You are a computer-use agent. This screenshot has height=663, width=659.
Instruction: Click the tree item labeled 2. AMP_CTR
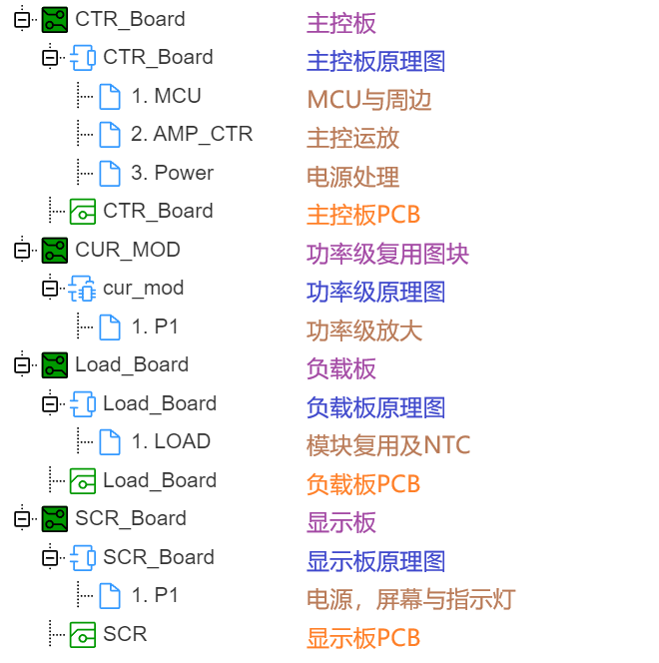(192, 134)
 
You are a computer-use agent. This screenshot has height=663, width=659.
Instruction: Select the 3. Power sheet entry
(172, 173)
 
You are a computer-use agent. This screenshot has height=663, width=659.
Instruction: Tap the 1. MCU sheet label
(166, 96)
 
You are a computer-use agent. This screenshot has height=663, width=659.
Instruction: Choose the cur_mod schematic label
(144, 288)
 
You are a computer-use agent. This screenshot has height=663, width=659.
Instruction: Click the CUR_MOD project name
(128, 250)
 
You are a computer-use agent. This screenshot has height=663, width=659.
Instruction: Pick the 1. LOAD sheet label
(171, 441)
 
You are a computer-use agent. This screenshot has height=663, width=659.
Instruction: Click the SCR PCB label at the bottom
(125, 634)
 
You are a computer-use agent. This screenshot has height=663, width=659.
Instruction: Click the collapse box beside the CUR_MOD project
(22, 251)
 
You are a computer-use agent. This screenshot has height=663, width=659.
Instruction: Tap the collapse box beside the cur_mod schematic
(50, 289)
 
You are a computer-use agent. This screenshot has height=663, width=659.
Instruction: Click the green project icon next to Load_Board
(55, 364)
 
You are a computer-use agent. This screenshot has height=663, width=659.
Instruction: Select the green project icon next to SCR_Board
(55, 519)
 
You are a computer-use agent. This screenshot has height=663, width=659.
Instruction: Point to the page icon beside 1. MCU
(110, 97)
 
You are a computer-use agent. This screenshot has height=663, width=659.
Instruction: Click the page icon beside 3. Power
(110, 174)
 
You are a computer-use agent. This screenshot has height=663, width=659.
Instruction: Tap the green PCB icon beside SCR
(83, 635)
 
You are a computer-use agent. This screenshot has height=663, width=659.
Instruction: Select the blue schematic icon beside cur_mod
(83, 289)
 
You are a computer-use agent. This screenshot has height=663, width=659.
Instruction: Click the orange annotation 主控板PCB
(363, 215)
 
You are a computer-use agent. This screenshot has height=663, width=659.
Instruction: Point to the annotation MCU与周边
(369, 100)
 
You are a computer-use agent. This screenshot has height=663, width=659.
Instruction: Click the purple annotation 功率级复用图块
(387, 254)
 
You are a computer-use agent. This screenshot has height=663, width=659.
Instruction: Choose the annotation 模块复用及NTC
(388, 445)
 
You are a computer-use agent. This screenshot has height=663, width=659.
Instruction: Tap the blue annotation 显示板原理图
(375, 561)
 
